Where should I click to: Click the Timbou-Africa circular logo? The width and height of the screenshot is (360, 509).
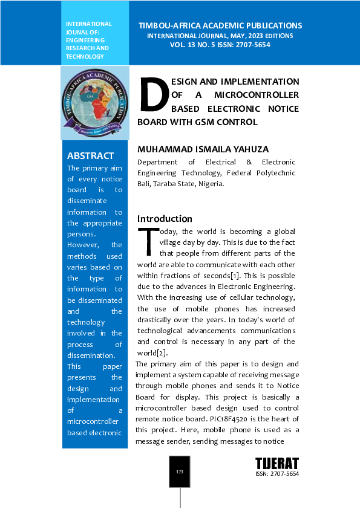point(95,102)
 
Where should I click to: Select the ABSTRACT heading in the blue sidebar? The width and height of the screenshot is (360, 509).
point(90,156)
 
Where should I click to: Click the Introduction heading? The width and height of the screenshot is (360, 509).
point(165,219)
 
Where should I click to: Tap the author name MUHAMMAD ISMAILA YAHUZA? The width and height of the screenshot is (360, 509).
point(203,149)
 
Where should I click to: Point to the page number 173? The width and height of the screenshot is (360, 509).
point(180,472)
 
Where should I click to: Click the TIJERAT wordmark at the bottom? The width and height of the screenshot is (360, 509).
point(277,464)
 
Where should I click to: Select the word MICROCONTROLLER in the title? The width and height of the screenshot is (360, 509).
point(257,95)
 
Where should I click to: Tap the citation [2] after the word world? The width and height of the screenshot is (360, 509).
point(162,353)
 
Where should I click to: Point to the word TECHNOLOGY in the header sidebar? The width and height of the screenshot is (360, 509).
point(85,56)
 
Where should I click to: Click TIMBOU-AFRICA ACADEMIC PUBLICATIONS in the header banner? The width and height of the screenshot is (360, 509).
point(220,26)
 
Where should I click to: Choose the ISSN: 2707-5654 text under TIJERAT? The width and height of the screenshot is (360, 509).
point(277,474)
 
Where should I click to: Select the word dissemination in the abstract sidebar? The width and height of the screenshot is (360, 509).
point(91,355)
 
